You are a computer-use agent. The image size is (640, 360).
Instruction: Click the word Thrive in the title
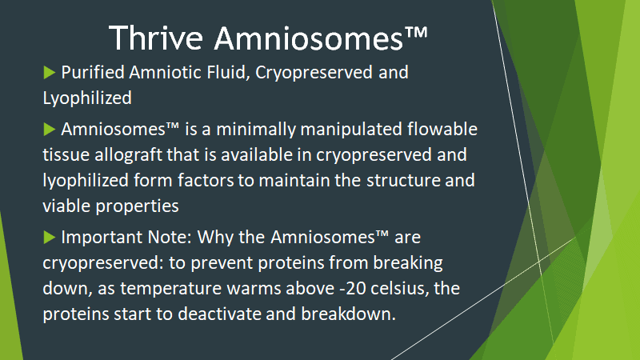coord(156,38)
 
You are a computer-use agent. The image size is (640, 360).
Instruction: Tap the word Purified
coord(93,72)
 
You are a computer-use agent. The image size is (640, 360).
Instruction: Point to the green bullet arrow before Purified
coord(50,73)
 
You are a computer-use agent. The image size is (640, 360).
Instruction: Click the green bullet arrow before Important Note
coord(50,237)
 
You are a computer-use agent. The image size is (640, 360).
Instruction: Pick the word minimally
coord(256,130)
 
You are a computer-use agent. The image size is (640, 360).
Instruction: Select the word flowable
coord(442,129)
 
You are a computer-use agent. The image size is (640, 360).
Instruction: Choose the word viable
coord(66,206)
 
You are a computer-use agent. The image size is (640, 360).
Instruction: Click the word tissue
coord(66,155)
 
